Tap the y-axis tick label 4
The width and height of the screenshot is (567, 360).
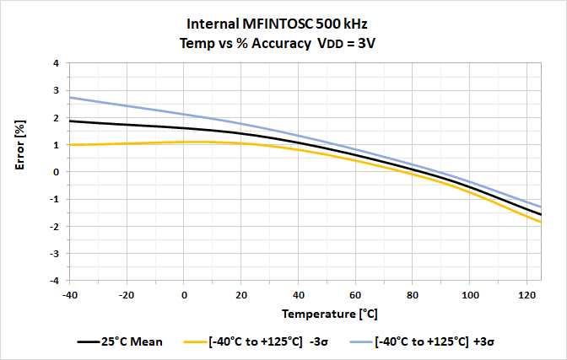[x=55, y=63]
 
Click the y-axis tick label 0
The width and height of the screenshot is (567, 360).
[x=55, y=172]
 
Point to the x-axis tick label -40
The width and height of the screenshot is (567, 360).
[x=70, y=295]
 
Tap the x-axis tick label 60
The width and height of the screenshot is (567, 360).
[x=355, y=295]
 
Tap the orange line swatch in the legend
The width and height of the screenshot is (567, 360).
[x=197, y=342]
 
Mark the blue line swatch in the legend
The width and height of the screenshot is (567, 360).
[x=358, y=342]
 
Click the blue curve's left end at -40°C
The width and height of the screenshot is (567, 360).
[x=70, y=98]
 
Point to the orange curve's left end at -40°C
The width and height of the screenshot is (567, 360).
[x=70, y=145]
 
